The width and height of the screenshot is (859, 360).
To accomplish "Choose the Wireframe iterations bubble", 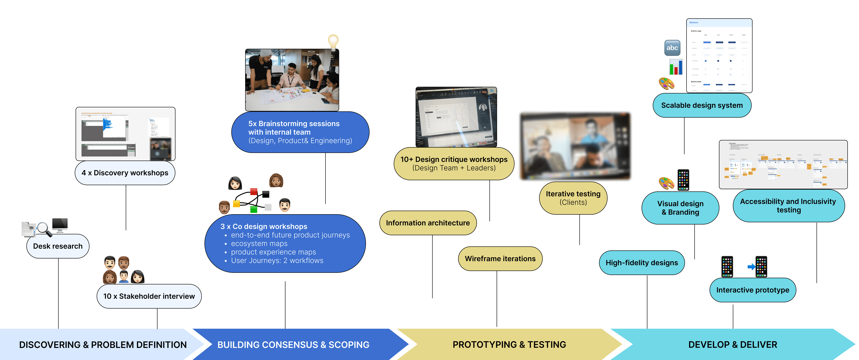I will point(500,259).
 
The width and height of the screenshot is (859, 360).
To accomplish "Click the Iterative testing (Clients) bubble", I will point(573,198).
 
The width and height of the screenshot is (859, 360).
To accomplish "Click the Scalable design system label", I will point(702,105).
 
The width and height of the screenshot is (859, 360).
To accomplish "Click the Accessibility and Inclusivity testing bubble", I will point(788,206).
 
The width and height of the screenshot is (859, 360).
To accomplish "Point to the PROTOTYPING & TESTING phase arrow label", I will point(509,345).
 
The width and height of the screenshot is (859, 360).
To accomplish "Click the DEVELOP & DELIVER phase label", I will point(733,345).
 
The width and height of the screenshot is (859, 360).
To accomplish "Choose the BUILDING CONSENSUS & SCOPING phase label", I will point(293,345).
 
